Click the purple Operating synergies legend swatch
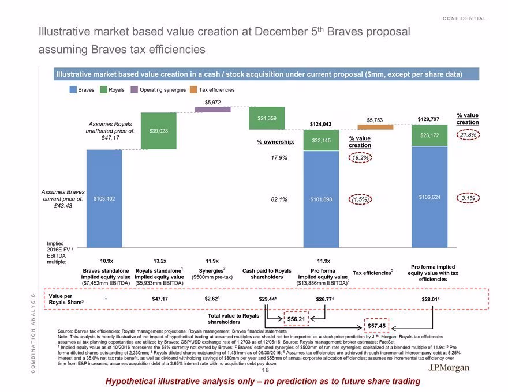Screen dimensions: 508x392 (x=134, y=89)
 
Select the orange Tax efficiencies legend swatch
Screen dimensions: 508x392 (x=193, y=89)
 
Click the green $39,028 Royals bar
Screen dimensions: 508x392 (x=158, y=131)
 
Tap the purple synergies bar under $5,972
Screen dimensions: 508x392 (x=212, y=110)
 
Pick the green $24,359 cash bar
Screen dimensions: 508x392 (x=267, y=118)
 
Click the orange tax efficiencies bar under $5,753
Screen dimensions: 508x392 (x=375, y=127)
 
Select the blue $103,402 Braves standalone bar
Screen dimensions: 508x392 (x=104, y=198)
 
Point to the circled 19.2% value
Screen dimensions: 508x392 (x=360, y=158)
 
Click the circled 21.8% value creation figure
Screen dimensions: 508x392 (x=468, y=135)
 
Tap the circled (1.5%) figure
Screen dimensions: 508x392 (x=360, y=199)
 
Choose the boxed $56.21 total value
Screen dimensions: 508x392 (x=296, y=319)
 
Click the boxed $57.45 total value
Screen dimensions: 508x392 (x=376, y=326)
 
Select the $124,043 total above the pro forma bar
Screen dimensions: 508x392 (x=320, y=124)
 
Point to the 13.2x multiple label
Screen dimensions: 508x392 (x=160, y=261)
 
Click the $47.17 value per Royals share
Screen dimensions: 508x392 (x=160, y=299)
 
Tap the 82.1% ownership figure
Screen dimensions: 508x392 (x=279, y=199)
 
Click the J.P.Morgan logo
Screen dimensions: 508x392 (x=449, y=368)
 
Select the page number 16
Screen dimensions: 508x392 (x=266, y=370)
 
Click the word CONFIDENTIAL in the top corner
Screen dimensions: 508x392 (x=464, y=18)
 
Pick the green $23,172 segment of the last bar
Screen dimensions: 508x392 (x=429, y=135)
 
